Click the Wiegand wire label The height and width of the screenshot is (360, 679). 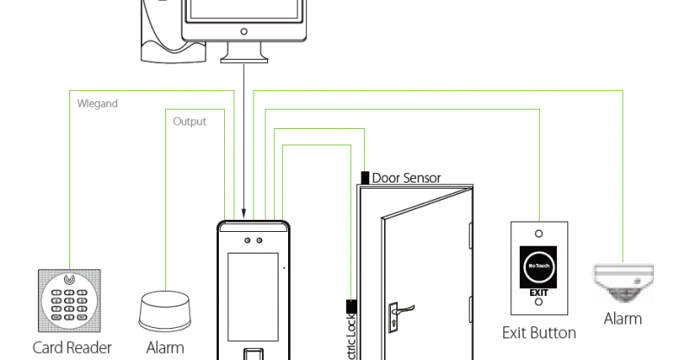coord(97,104)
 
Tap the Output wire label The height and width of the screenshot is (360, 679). coord(189,122)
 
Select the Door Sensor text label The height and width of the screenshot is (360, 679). coord(406,178)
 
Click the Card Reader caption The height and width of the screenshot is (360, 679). coord(73,348)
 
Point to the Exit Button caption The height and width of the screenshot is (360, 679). coord(539,332)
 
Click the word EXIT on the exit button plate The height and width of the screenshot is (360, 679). coord(538,293)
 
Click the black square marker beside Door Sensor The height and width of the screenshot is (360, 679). coord(365,178)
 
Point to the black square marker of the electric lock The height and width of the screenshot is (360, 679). coord(350,305)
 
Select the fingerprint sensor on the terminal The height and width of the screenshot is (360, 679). coord(253,354)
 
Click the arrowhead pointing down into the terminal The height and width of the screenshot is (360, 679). coord(243,211)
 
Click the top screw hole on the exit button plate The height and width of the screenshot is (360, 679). coord(538,233)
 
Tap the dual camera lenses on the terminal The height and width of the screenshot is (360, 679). coord(253,240)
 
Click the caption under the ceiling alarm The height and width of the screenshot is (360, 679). coord(622,318)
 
